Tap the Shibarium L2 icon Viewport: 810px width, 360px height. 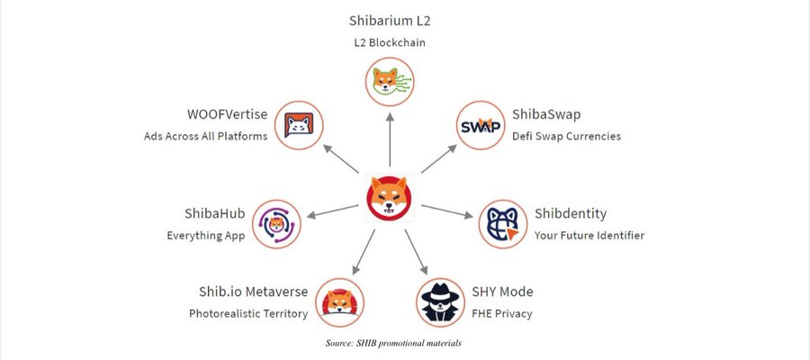click(x=390, y=80)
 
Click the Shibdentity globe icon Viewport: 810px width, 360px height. click(x=501, y=224)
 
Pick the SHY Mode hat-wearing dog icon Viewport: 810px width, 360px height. click(x=440, y=301)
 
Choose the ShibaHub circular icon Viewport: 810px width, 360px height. click(x=276, y=224)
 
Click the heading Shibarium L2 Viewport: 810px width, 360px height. click(x=390, y=20)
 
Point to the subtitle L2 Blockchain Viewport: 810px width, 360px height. click(x=390, y=42)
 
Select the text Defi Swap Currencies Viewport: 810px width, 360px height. click(x=566, y=137)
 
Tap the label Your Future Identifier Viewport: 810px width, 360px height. click(x=589, y=236)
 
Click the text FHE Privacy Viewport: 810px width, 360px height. click(x=501, y=314)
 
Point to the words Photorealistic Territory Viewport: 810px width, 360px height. click(x=248, y=314)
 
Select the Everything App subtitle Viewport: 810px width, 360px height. click(x=206, y=236)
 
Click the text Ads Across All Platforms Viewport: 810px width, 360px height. click(x=205, y=137)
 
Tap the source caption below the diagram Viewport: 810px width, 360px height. click(x=393, y=343)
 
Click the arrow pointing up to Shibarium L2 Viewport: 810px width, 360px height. click(x=390, y=135)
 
